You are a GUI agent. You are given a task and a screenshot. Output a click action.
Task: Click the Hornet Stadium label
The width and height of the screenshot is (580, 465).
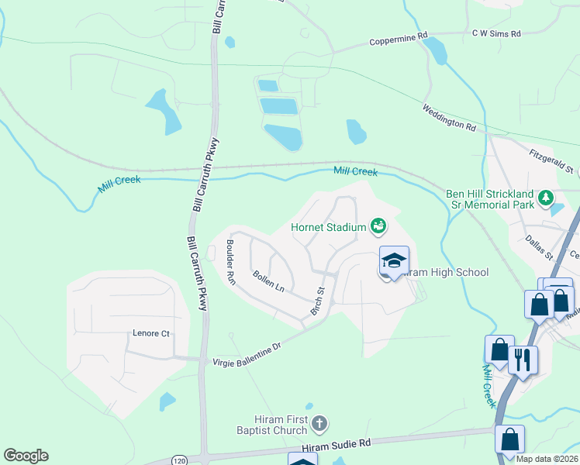[x=327, y=227]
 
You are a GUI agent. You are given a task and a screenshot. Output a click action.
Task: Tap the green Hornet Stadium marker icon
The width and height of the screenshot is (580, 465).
[x=378, y=226]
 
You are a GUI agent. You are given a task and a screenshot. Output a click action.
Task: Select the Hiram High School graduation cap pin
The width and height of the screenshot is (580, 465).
[x=394, y=262]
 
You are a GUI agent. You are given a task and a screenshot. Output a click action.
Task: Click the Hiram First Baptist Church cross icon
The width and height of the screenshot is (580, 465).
[x=319, y=423]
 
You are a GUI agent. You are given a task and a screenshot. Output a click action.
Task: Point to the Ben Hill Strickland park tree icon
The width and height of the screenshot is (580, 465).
[x=546, y=199]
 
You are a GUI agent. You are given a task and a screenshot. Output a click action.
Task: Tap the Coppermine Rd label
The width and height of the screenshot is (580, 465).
[x=399, y=38]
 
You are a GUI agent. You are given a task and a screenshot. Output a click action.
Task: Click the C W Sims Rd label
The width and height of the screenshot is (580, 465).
[x=496, y=34]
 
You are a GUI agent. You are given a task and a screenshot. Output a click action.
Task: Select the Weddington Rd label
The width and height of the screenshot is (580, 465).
[x=448, y=118]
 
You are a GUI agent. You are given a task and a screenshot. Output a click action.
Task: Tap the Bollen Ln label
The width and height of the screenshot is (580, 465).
[x=268, y=281]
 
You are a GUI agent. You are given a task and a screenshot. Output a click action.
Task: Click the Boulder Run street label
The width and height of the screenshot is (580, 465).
[x=230, y=263]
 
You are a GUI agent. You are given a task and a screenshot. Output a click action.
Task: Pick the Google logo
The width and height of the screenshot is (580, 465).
[x=26, y=456]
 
